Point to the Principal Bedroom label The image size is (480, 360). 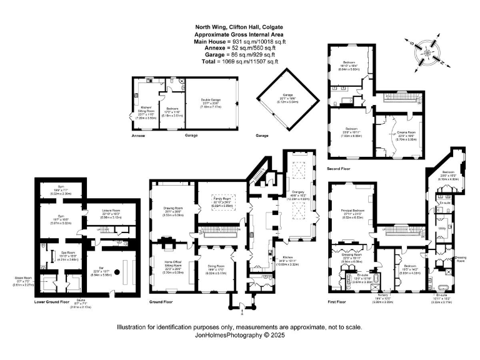[x=353, y=211]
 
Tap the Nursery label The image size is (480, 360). [x=383, y=294]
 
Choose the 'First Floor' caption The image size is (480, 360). [x=338, y=301]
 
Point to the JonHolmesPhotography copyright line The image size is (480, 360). [x=239, y=334]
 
